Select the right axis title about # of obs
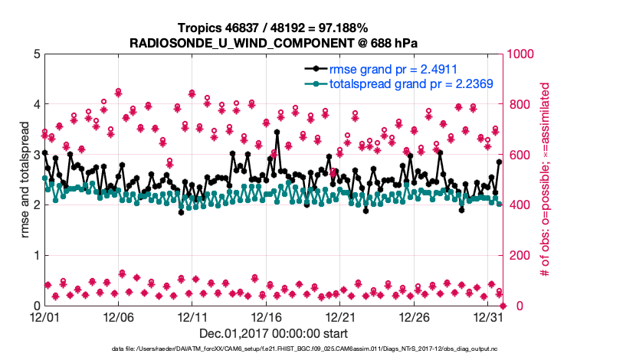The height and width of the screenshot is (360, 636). (x=545, y=179)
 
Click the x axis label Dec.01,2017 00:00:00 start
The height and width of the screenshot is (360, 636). (x=274, y=333)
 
